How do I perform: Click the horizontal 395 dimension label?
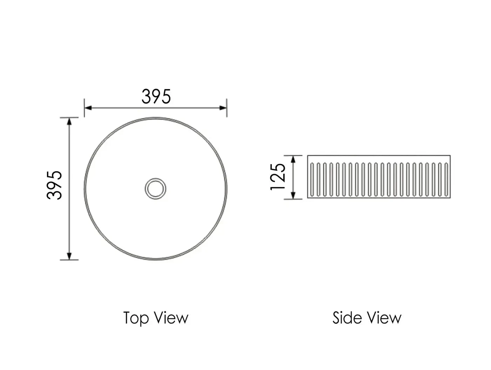pyautogui.click(x=156, y=97)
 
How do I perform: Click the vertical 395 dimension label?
pyautogui.click(x=55, y=185)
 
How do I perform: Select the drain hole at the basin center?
pyautogui.click(x=155, y=189)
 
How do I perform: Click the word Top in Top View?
pyautogui.click(x=136, y=318)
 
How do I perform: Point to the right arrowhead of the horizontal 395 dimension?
pyautogui.click(x=223, y=108)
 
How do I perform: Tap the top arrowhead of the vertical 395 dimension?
pyautogui.click(x=69, y=122)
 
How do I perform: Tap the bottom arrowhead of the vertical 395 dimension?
pyautogui.click(x=69, y=256)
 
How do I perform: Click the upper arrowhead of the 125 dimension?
pyautogui.click(x=294, y=159)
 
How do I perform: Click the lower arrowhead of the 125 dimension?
pyautogui.click(x=294, y=196)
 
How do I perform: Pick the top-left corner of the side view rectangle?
pyautogui.click(x=308, y=156)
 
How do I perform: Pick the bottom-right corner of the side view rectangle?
pyautogui.click(x=450, y=198)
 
